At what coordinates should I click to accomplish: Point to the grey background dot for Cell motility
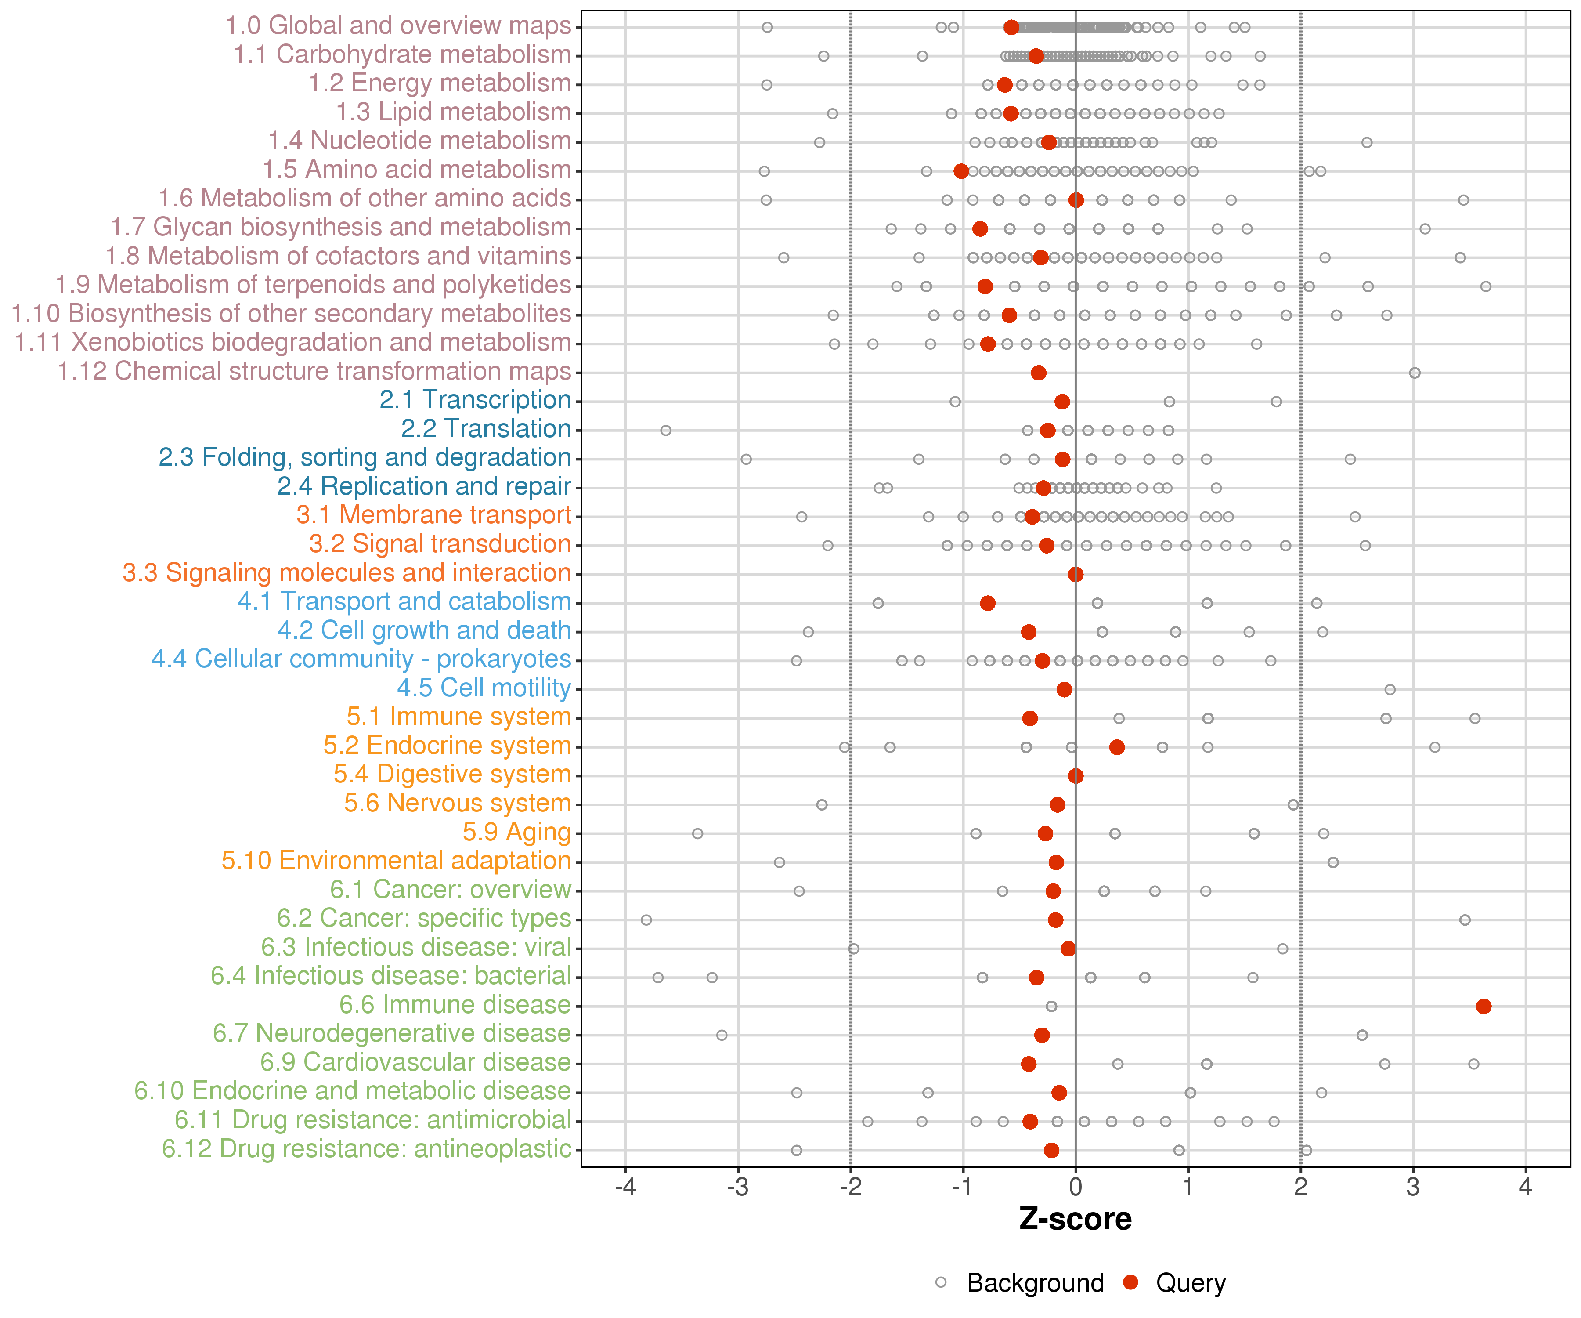pyautogui.click(x=1390, y=689)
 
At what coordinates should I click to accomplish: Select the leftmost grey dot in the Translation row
pyautogui.click(x=665, y=430)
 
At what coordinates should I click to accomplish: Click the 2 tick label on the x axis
pyautogui.click(x=1300, y=1188)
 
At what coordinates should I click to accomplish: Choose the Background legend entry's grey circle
pyautogui.click(x=941, y=1282)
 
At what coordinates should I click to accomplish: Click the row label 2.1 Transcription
pyautogui.click(x=475, y=400)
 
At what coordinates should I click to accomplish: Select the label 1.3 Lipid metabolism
pyautogui.click(x=453, y=112)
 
